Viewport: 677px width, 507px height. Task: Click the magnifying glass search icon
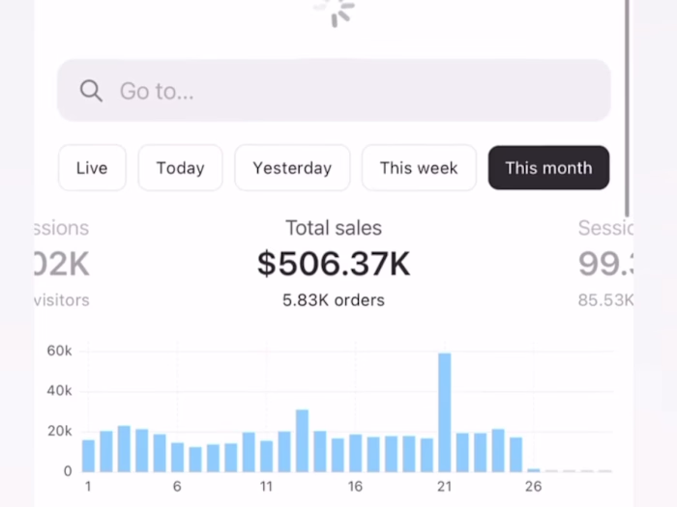point(91,91)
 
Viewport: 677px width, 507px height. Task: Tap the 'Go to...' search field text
point(157,91)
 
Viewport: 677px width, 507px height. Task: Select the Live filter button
point(92,168)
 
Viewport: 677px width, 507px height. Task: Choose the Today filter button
point(180,168)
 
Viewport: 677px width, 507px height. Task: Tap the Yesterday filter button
point(292,168)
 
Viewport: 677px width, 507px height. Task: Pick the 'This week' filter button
point(419,168)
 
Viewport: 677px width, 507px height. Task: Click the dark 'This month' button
point(548,168)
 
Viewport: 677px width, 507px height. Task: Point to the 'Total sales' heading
point(334,228)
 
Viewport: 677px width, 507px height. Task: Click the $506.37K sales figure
point(334,264)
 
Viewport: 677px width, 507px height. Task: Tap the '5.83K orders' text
point(334,300)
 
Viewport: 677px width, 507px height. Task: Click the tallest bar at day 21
point(445,412)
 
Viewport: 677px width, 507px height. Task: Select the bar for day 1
point(88,456)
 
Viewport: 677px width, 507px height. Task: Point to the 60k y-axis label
point(60,351)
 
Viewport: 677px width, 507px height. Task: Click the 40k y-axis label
point(60,391)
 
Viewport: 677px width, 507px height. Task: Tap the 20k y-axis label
point(60,431)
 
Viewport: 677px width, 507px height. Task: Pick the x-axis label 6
point(177,487)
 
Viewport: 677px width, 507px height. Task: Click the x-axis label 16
point(356,487)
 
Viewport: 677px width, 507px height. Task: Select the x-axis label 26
point(534,487)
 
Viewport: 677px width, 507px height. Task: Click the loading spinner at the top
point(335,12)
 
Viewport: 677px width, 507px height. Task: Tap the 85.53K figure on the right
point(605,300)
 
